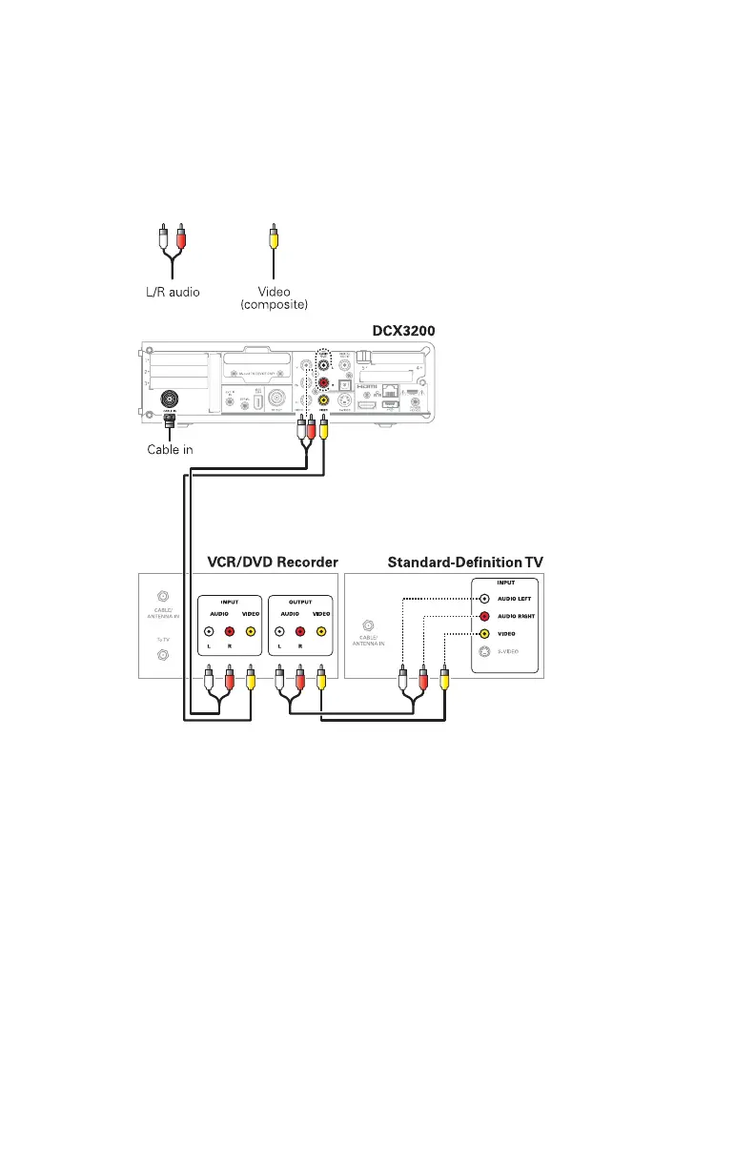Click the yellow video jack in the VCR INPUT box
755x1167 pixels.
[251, 630]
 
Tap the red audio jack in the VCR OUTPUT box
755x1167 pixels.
[300, 630]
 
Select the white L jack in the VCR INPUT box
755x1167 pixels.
[209, 630]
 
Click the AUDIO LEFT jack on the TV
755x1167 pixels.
[484, 600]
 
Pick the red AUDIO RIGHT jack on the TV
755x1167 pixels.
[484, 617]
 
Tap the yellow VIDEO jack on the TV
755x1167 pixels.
[484, 633]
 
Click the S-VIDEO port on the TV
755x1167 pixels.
[484, 650]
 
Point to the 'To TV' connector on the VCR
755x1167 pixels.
[163, 656]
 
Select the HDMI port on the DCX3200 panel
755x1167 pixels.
[367, 406]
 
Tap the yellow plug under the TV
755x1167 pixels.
[445, 681]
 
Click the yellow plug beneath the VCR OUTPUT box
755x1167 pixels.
[321, 681]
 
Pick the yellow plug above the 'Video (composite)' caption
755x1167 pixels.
[274, 235]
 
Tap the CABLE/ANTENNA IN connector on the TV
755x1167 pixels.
[368, 627]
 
